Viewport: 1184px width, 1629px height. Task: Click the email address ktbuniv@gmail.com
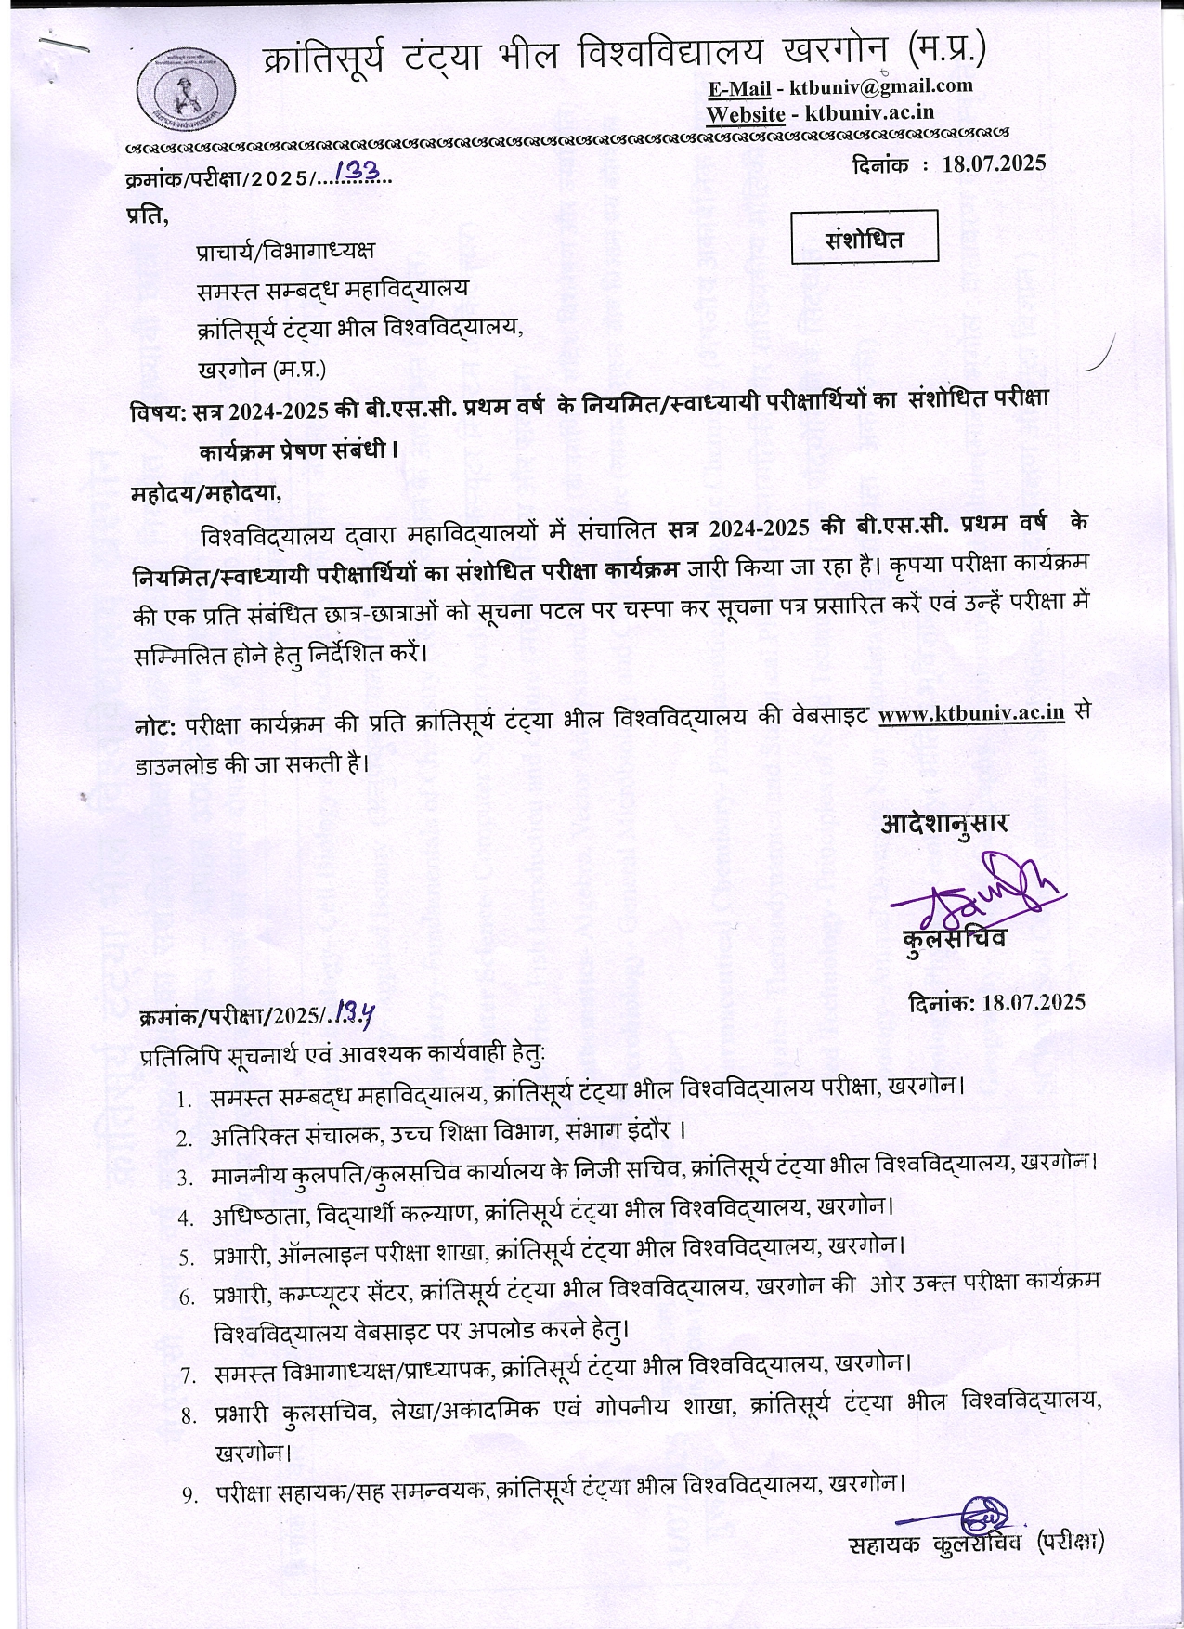click(880, 87)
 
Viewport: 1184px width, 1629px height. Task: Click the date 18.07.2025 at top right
click(993, 163)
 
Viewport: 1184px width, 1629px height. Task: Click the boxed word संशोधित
click(864, 239)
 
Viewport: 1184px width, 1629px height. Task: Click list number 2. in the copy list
click(186, 1137)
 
